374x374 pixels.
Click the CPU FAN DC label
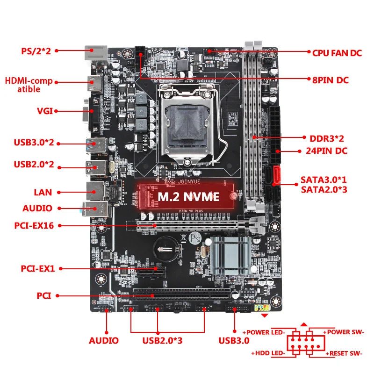(337, 53)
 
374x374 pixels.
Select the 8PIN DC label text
(330, 80)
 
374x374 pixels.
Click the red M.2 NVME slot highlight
(187, 196)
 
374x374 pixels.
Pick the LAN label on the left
(43, 192)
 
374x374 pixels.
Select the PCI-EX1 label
(38, 269)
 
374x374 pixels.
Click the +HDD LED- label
(269, 354)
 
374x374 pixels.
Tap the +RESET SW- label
(344, 354)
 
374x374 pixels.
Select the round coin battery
(166, 246)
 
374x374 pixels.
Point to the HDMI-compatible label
(29, 85)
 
